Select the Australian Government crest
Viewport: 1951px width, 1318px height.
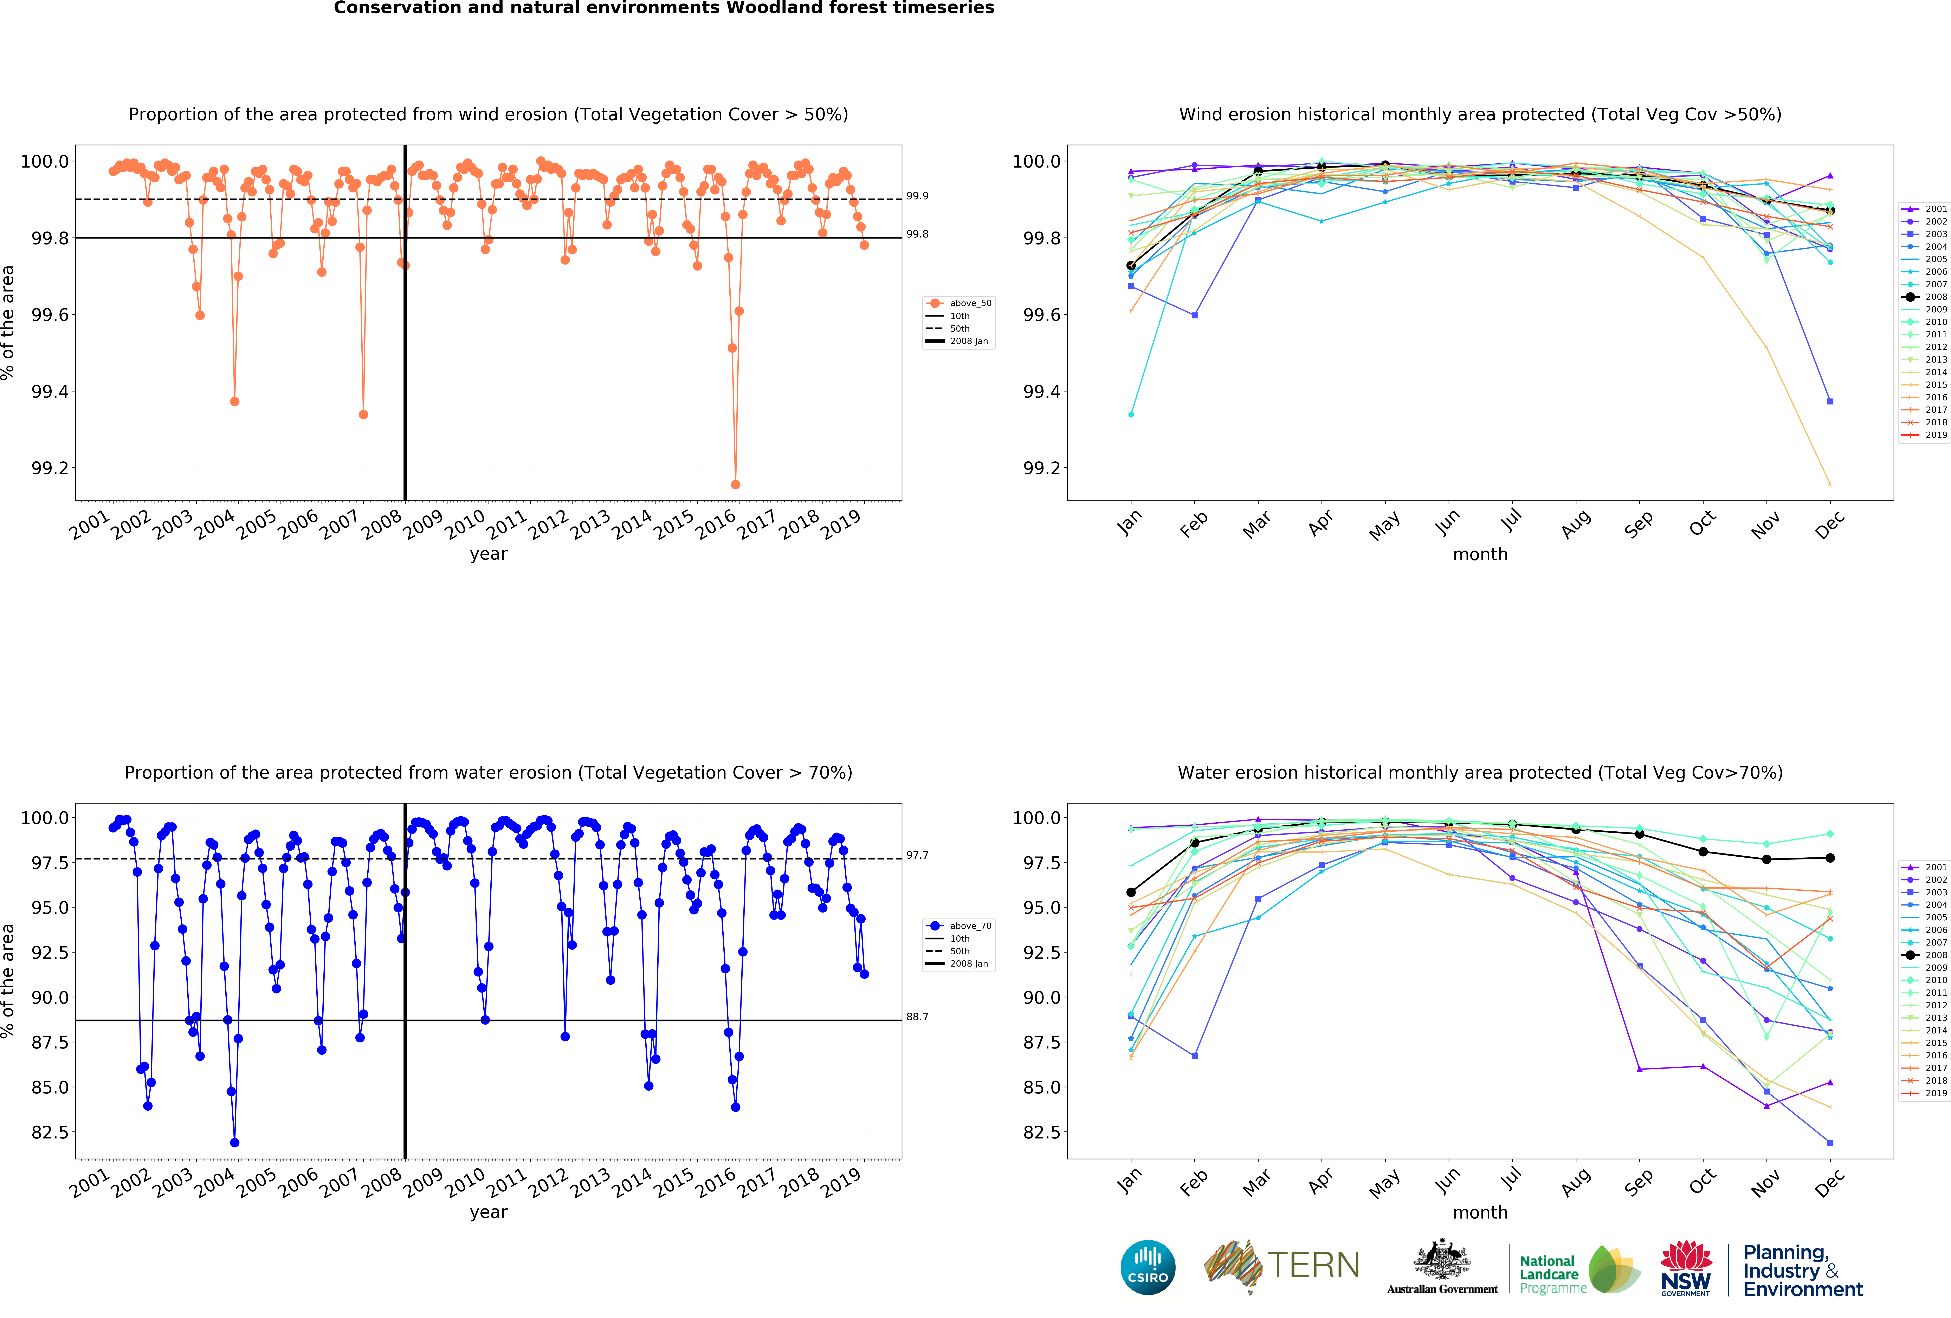click(x=1441, y=1259)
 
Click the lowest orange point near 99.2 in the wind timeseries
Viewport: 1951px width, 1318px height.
click(x=735, y=484)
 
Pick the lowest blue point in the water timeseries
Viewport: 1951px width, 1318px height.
click(x=234, y=1143)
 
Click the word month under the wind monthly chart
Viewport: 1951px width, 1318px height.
click(x=1480, y=555)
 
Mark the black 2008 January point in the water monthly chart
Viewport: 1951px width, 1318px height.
click(x=1131, y=892)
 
